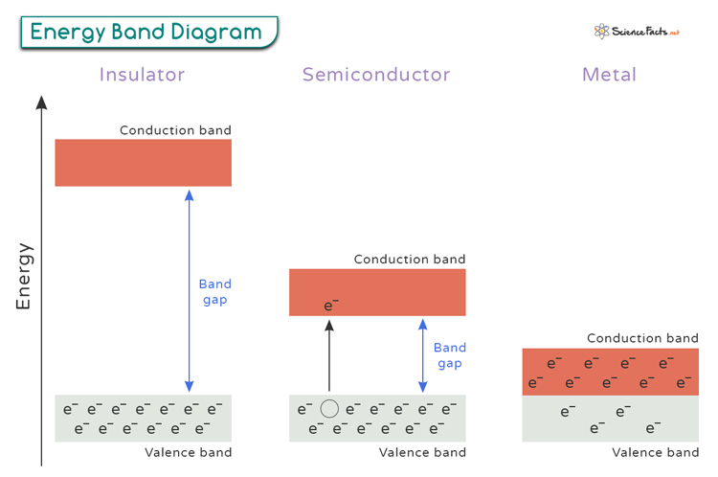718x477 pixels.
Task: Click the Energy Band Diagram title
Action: click(146, 32)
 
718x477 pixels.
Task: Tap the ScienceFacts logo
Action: click(636, 32)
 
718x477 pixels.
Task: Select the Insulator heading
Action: click(142, 75)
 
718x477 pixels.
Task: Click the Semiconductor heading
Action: click(376, 75)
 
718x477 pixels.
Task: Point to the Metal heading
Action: click(609, 75)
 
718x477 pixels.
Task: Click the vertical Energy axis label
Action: click(24, 276)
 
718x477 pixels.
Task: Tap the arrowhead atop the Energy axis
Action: click(41, 102)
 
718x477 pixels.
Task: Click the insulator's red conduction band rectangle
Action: click(143, 163)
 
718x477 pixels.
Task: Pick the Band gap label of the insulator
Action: click(214, 292)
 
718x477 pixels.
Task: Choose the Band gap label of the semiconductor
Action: click(449, 355)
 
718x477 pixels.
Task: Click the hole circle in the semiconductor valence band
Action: click(329, 409)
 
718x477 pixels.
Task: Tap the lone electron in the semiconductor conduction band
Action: click(331, 307)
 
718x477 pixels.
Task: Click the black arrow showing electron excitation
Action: click(329, 355)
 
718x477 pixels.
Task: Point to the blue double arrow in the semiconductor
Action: click(422, 355)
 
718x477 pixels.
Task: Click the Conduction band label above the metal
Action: click(642, 338)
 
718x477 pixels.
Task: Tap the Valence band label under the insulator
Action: click(188, 452)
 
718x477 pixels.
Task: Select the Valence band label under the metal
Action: click(655, 452)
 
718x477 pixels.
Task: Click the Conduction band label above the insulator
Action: click(175, 130)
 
